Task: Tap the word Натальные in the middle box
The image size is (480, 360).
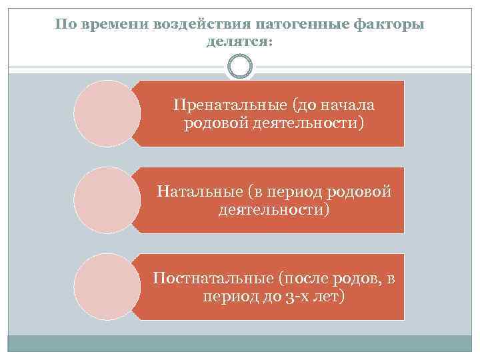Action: point(198,192)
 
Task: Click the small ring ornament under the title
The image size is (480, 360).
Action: point(240,67)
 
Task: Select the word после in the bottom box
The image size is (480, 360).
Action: point(308,277)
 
